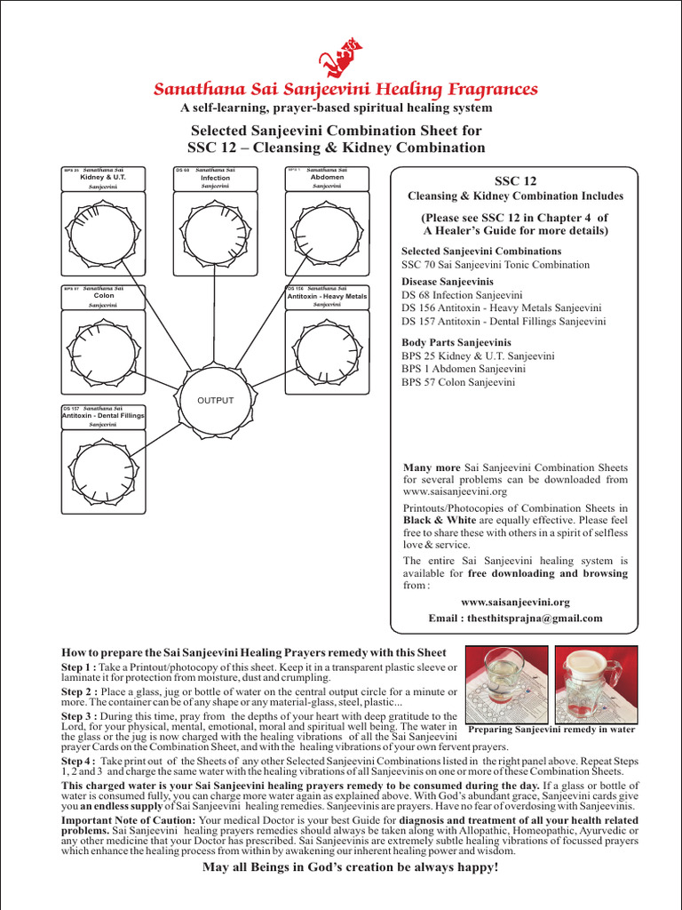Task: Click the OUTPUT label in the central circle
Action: point(215,400)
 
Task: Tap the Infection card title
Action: point(215,178)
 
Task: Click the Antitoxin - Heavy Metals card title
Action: point(327,296)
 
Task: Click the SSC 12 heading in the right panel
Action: point(515,180)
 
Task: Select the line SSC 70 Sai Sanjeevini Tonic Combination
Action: point(495,265)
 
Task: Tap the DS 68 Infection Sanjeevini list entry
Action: point(462,295)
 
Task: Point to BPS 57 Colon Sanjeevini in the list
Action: point(458,383)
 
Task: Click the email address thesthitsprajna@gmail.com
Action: point(515,618)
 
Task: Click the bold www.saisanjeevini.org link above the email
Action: point(515,602)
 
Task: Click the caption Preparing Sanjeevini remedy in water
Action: point(551,730)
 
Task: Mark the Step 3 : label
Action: point(79,716)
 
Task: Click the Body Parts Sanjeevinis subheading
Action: point(456,342)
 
